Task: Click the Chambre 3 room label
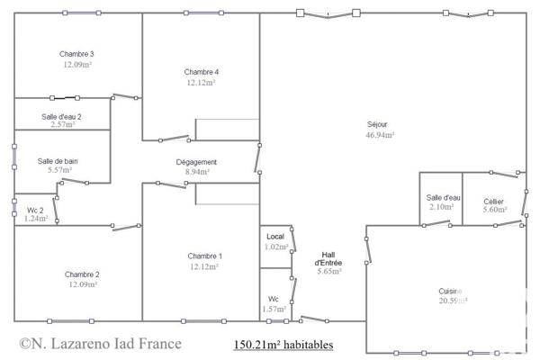(x=77, y=54)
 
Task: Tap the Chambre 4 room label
(x=202, y=72)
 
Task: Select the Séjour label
(x=379, y=124)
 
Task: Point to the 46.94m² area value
(x=380, y=135)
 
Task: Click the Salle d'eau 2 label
(x=61, y=117)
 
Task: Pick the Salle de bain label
(x=58, y=161)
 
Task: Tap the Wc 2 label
(x=35, y=210)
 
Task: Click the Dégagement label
(x=196, y=162)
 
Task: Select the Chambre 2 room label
(x=82, y=274)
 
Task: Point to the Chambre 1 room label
(x=205, y=256)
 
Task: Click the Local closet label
(x=275, y=237)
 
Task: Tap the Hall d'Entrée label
(x=328, y=258)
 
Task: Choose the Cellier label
(x=493, y=201)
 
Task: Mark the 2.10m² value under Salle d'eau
(x=440, y=208)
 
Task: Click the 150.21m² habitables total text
(x=283, y=344)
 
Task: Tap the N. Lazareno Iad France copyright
(x=100, y=343)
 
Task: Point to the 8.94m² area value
(x=196, y=172)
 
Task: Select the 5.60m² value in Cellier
(x=495, y=210)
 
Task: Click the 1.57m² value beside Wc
(x=274, y=310)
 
